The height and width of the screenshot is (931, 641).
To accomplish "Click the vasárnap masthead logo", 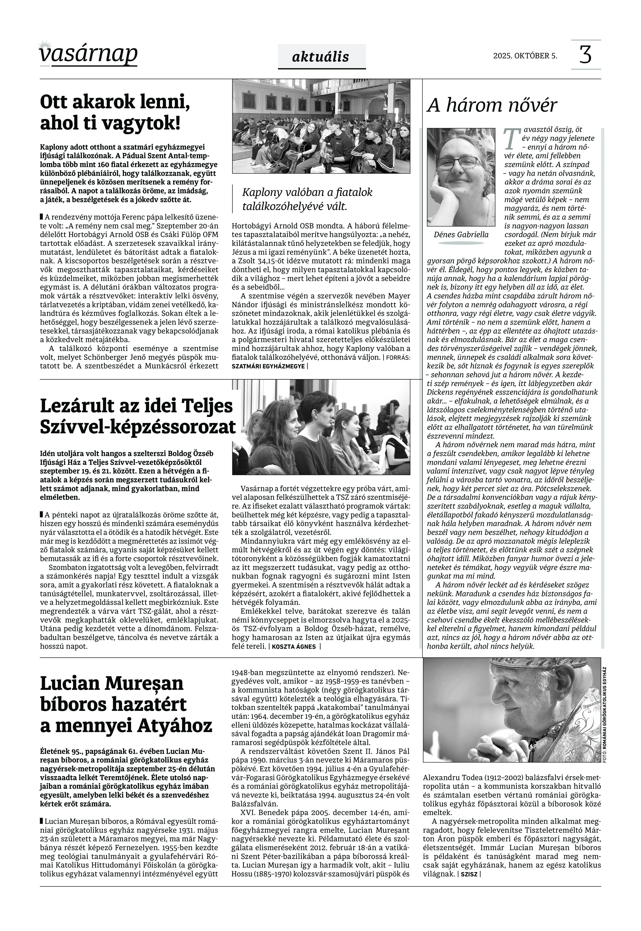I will point(88,54).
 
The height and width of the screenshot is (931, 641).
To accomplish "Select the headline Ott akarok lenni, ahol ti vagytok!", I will point(115,112).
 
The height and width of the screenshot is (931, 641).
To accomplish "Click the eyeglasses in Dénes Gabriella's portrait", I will point(458,163).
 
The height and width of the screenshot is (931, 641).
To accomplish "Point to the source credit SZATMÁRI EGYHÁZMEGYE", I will point(268,366).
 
